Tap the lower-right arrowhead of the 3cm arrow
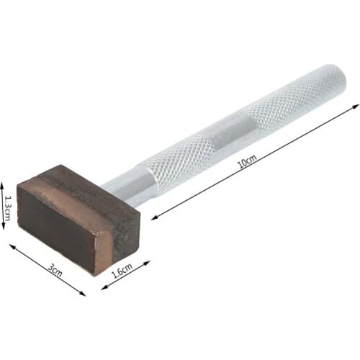pyautogui.click(x=84, y=293)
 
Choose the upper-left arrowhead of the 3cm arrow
pyautogui.click(x=11, y=246)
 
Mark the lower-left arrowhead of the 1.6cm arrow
pyautogui.click(x=102, y=287)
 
